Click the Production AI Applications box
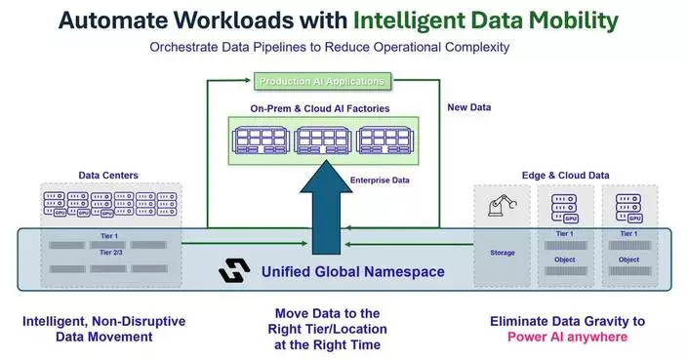(x=323, y=81)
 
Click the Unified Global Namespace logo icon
(x=233, y=270)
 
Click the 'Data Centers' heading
(x=108, y=176)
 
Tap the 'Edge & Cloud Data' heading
(x=566, y=176)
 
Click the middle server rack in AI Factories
(x=323, y=139)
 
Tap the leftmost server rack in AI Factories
(x=261, y=139)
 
